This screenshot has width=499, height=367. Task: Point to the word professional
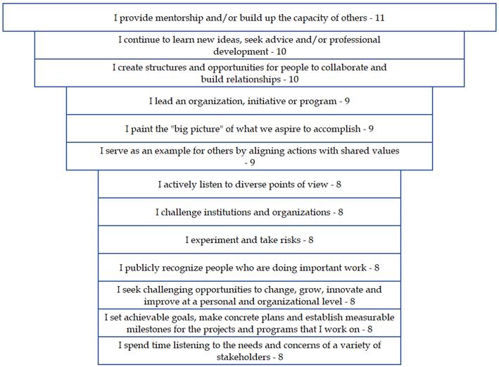351,39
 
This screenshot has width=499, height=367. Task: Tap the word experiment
216,240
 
